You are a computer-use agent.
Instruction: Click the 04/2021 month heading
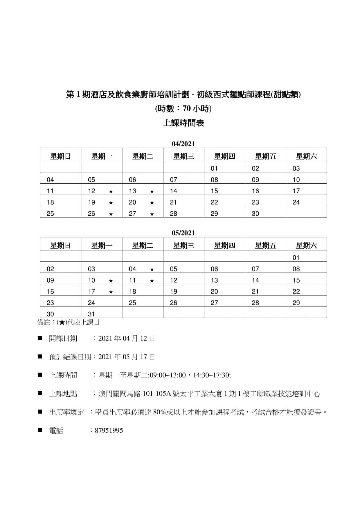[183, 144]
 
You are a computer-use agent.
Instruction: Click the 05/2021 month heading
[183, 233]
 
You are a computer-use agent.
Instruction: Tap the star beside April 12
[111, 192]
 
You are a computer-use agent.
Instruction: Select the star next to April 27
[152, 214]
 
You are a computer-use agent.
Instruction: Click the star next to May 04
[152, 269]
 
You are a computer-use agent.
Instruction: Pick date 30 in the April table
[255, 214]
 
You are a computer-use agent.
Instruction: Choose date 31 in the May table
[91, 314]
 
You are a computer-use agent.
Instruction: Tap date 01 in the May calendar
[296, 258]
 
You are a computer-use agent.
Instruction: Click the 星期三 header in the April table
[183, 157]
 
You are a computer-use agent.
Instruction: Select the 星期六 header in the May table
[306, 246]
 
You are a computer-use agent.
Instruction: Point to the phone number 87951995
[109, 431]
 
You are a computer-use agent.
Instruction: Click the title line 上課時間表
[183, 123]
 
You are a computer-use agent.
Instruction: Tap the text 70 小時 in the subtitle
[196, 109]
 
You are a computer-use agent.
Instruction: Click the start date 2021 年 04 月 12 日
[127, 339]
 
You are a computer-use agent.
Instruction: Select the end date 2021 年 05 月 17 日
[127, 357]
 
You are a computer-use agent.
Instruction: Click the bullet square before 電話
[40, 430]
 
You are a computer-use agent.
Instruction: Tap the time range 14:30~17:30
[211, 375]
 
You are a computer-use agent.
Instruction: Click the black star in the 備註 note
[62, 322]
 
